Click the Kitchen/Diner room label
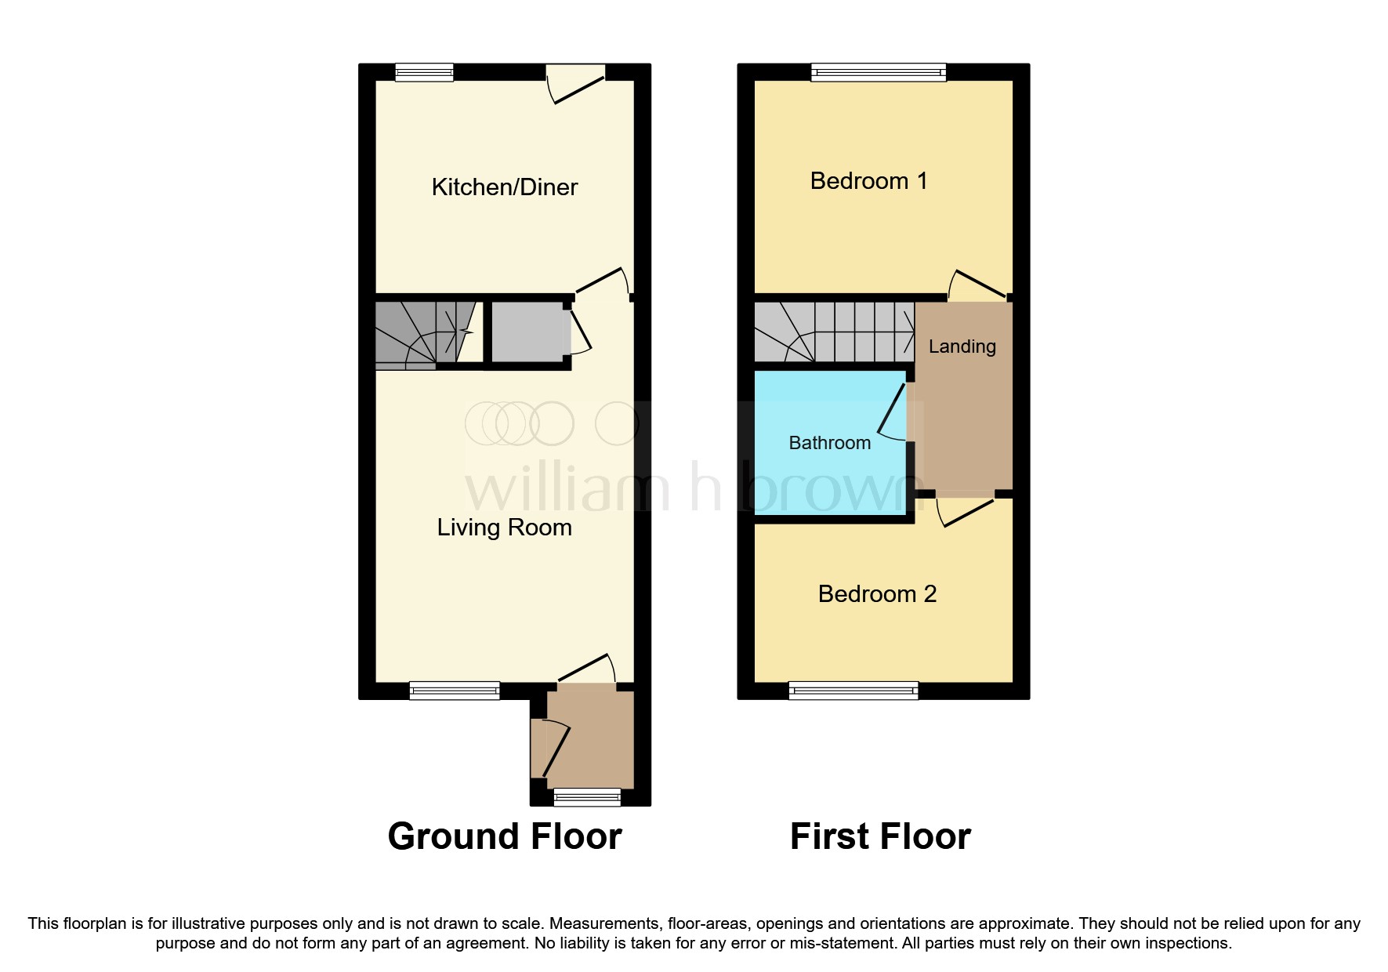504,187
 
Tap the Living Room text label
504,528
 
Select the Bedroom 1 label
868,181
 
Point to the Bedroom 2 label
877,594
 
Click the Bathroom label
829,443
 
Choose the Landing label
962,346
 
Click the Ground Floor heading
504,836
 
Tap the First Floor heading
880,836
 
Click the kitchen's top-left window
424,72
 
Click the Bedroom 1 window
878,72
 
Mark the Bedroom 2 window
853,691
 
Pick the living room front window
454,691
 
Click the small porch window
587,798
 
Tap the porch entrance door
549,749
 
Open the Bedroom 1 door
977,285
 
